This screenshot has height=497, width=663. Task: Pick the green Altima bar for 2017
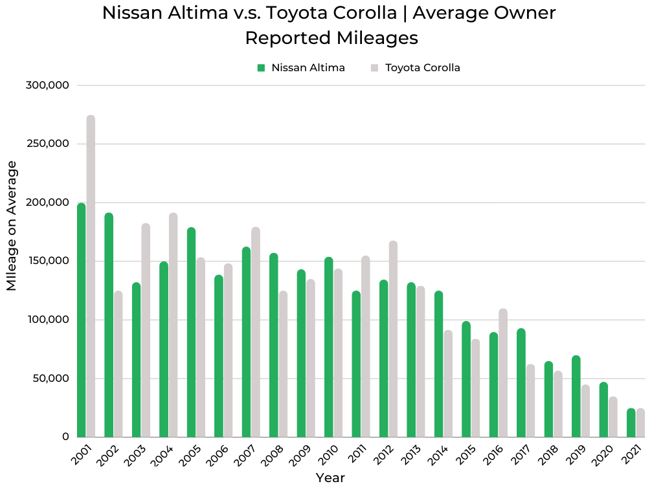521,383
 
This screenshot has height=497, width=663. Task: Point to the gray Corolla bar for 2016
503,373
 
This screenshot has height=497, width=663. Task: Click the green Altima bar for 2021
631,423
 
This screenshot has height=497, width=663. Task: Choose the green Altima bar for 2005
191,333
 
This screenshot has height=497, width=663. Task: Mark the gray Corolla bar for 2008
283,364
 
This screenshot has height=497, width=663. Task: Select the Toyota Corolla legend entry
422,67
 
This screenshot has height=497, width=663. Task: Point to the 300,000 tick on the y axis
50,85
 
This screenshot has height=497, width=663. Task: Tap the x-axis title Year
330,478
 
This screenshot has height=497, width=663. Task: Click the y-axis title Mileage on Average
12,226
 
